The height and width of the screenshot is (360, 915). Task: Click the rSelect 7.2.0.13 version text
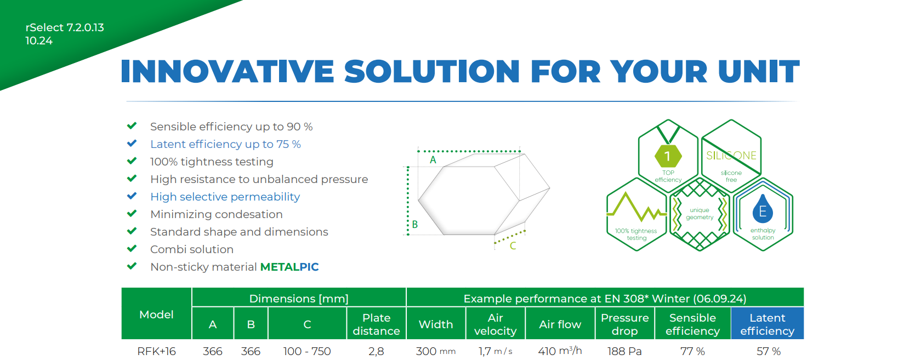(x=65, y=27)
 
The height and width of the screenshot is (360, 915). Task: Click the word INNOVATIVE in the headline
(x=227, y=71)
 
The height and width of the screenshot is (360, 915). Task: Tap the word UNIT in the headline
(x=759, y=71)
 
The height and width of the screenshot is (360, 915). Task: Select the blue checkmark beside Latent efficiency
(x=132, y=143)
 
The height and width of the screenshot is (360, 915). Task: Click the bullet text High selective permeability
(x=225, y=197)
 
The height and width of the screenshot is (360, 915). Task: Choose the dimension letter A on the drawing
(x=433, y=159)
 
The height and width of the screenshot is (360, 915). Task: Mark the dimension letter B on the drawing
(x=414, y=224)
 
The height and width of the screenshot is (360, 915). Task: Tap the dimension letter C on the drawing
(x=513, y=245)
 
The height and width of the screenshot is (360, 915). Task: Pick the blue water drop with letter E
(x=762, y=209)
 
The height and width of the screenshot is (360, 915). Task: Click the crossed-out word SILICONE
(x=731, y=156)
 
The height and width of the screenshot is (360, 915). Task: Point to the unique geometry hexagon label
(x=700, y=214)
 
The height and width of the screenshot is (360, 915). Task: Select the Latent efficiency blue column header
(x=767, y=324)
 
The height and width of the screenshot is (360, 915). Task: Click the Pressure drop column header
(x=624, y=324)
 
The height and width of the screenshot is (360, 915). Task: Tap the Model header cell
(x=156, y=315)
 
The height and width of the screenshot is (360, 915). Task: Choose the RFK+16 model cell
(x=156, y=351)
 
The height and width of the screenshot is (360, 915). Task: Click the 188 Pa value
(x=624, y=351)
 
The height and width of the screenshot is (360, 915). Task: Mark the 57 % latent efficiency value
(x=769, y=351)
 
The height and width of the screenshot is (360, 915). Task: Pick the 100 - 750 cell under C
(x=307, y=351)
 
